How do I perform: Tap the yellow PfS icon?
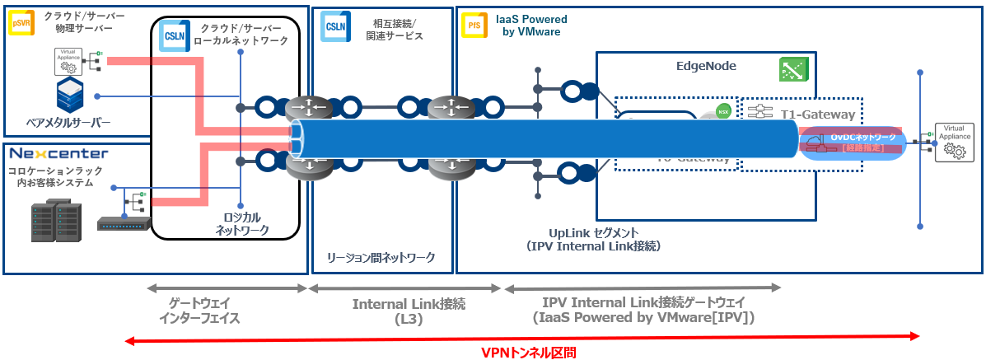click(474, 26)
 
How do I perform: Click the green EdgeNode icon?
click(792, 70)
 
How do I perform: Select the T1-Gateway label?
click(816, 115)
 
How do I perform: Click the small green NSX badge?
click(723, 110)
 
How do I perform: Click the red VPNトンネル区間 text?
click(528, 352)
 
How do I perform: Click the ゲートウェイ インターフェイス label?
click(203, 311)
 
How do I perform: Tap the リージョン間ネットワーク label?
click(381, 258)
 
